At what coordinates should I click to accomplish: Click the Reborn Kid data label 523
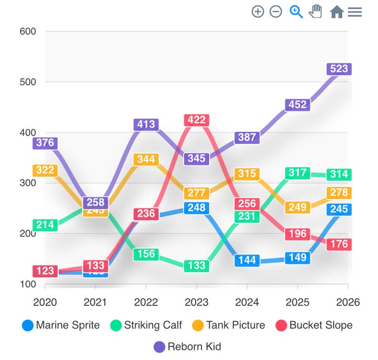[339, 69]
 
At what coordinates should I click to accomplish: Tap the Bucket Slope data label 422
[197, 120]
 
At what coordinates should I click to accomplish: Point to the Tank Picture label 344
[146, 159]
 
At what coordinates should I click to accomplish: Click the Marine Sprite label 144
[247, 260]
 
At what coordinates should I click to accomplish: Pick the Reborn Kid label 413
[146, 124]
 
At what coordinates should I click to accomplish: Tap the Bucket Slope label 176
[339, 244]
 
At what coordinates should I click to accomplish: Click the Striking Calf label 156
[146, 254]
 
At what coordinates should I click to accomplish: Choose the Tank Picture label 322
[45, 170]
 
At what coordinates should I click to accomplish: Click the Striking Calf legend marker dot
[116, 325]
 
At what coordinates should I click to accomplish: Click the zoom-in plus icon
[258, 11]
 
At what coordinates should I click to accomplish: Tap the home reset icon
[336, 11]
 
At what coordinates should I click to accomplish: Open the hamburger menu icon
[355, 11]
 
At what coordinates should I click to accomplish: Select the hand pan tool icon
[315, 11]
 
